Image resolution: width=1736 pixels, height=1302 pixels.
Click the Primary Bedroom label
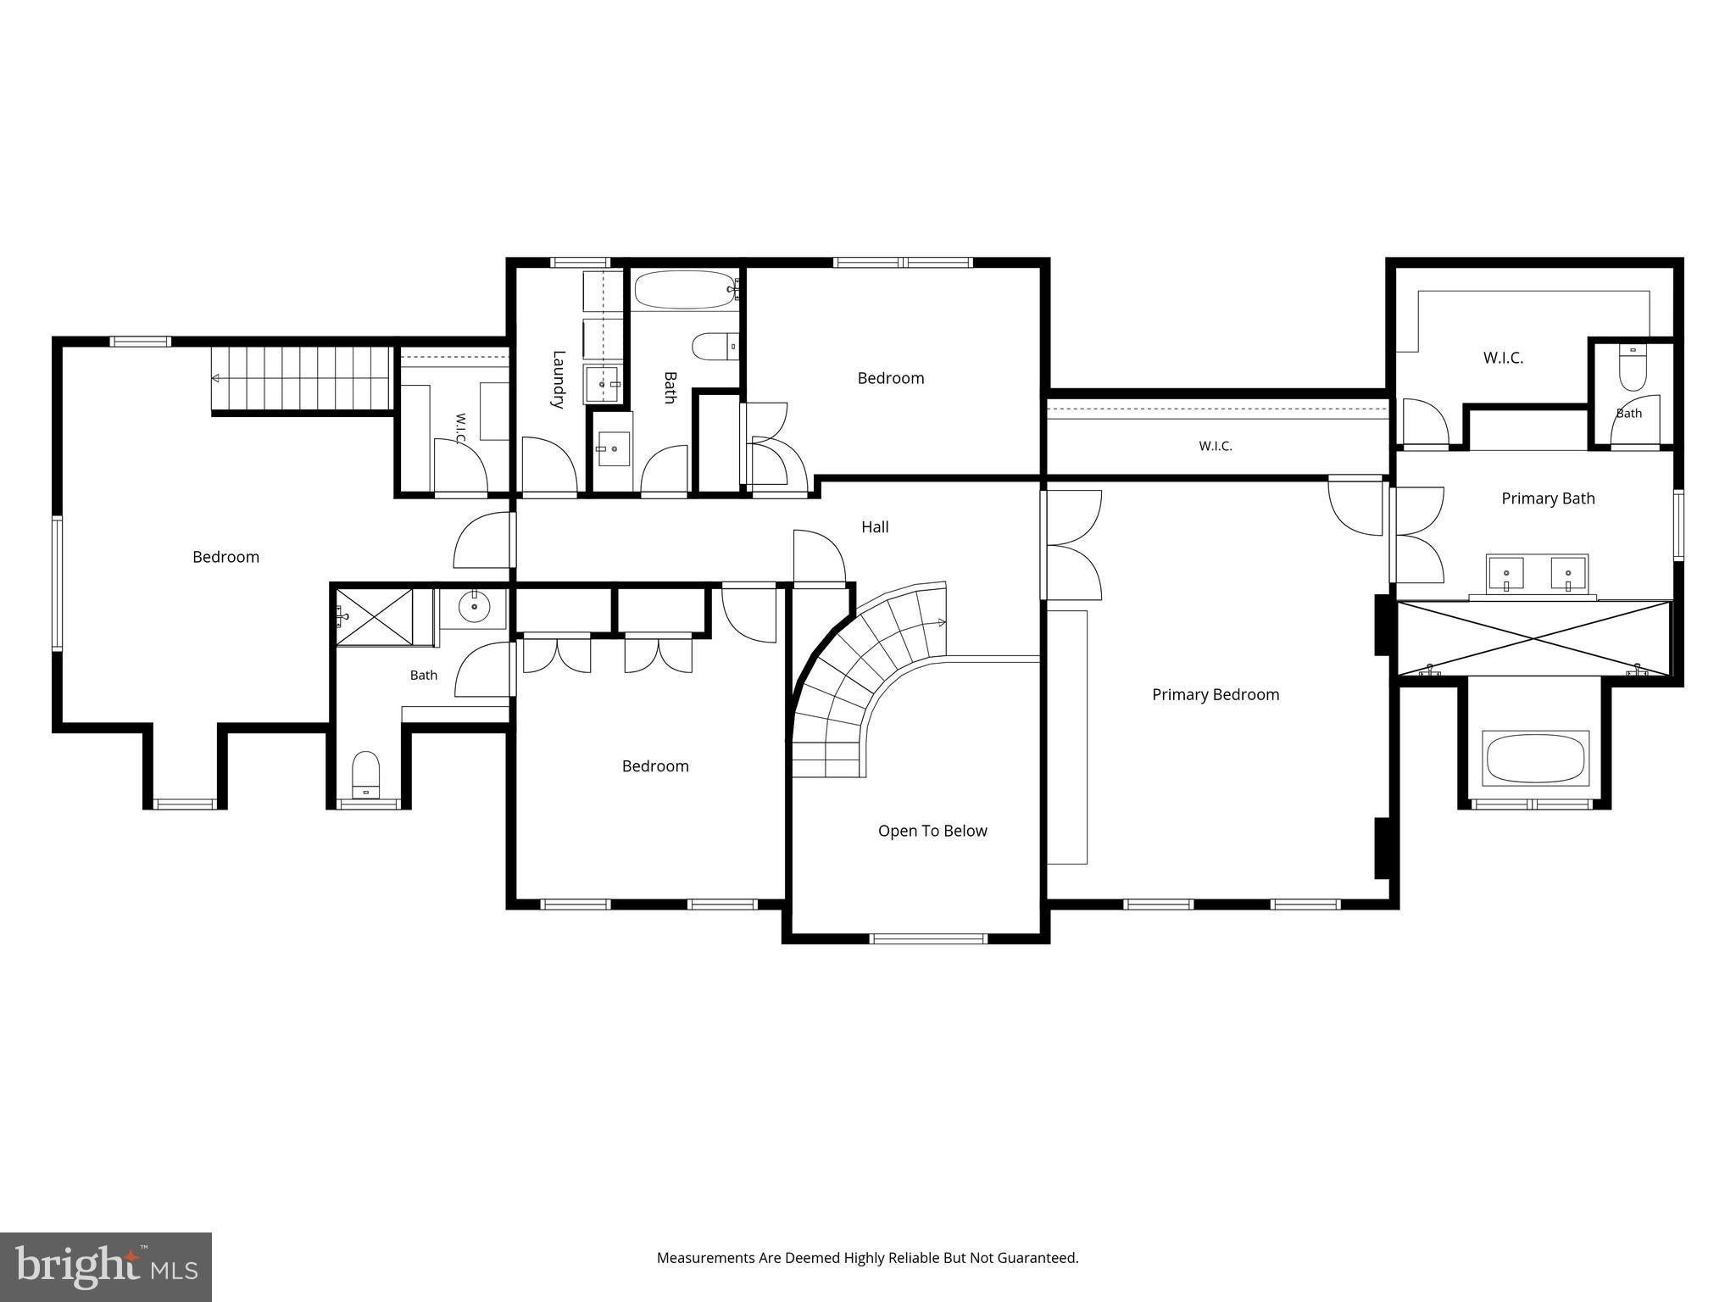(x=1216, y=695)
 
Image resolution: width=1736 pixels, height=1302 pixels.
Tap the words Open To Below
(x=932, y=831)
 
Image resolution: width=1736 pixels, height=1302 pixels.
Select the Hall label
(x=875, y=526)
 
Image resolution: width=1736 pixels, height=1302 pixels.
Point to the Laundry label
(x=558, y=379)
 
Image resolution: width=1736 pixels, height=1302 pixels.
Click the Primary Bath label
(x=1548, y=498)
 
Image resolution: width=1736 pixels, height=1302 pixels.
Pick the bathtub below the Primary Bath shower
(x=1535, y=759)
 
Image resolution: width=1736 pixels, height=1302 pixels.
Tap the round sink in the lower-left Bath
(x=474, y=606)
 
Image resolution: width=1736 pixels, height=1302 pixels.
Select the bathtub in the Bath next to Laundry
(x=687, y=290)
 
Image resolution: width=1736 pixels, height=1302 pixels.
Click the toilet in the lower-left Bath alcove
(x=366, y=774)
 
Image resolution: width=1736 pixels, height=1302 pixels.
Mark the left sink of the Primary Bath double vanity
(x=1505, y=573)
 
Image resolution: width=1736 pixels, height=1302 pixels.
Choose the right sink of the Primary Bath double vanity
(x=1568, y=573)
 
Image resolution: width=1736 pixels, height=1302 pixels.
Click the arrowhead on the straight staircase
(x=217, y=378)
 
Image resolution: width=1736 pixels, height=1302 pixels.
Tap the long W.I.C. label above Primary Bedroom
(x=1216, y=446)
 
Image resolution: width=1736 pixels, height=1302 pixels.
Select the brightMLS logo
(x=106, y=1267)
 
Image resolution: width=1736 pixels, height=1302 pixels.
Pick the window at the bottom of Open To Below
(x=929, y=938)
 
